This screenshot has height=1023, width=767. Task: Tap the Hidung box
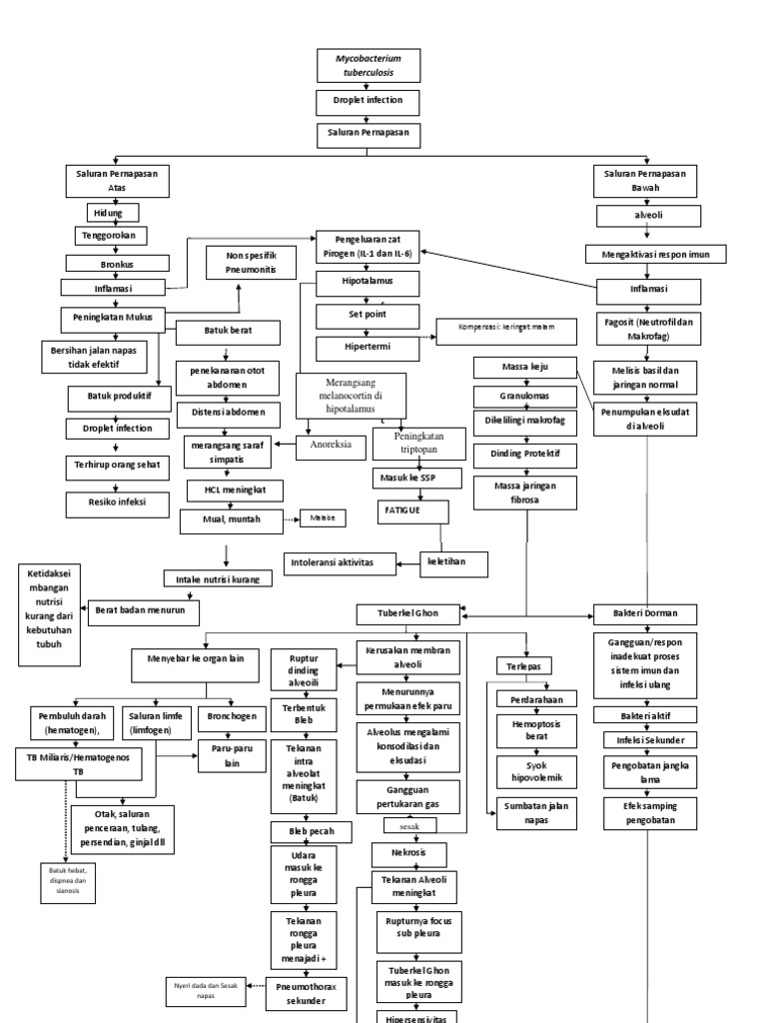pyautogui.click(x=111, y=213)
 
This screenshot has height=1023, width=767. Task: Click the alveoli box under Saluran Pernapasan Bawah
pyautogui.click(x=649, y=214)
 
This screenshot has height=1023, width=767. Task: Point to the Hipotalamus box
pyautogui.click(x=368, y=282)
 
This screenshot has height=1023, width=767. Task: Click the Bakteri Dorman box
pyautogui.click(x=646, y=612)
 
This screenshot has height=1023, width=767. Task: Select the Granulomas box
pyautogui.click(x=524, y=396)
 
